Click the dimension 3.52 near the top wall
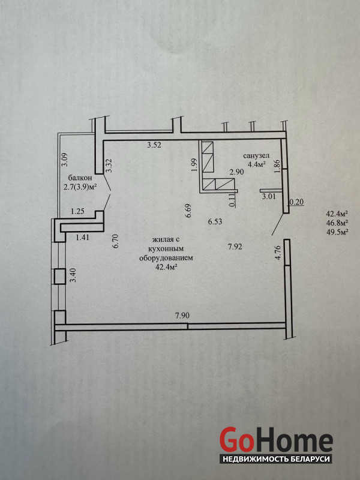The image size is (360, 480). click(154, 145)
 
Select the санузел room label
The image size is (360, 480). click(256, 156)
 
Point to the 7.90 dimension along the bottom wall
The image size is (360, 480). click(182, 316)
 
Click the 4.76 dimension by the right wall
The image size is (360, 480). click(278, 253)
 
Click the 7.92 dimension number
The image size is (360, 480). click(235, 247)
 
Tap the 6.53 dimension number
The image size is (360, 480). click(215, 221)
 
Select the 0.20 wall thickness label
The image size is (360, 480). click(296, 202)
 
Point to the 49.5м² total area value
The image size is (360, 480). click(338, 232)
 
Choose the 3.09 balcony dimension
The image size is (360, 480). click(65, 160)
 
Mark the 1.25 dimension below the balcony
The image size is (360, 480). click(77, 211)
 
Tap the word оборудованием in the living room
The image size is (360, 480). click(166, 258)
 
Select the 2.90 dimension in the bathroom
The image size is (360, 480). click(236, 172)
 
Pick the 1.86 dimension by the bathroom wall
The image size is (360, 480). click(277, 167)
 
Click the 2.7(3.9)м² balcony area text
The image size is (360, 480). click(79, 187)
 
